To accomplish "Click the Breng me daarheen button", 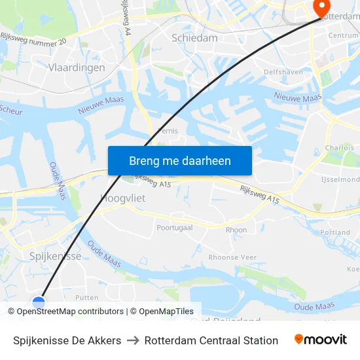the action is [179, 160].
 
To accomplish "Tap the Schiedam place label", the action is [194, 38].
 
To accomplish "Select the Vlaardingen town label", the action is [77, 67].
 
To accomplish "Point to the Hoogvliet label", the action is [122, 197].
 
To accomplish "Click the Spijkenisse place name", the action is [56, 256].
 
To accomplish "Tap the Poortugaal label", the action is [175, 228].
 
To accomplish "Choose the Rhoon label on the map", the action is [236, 230].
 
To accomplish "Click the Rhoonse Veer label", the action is [232, 257].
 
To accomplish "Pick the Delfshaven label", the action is [281, 71].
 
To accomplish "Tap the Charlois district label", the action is [339, 148].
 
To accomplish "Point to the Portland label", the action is [336, 232].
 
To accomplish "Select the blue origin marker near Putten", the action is [39, 303].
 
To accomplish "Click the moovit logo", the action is [320, 339].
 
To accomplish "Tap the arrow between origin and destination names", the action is [133, 340].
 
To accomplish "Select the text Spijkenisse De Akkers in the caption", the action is [67, 340].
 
